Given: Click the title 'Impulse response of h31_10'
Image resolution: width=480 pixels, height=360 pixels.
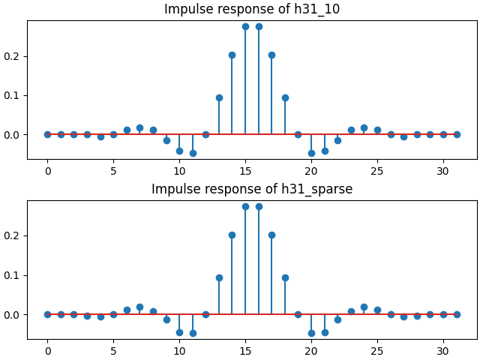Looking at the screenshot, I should click(252, 9).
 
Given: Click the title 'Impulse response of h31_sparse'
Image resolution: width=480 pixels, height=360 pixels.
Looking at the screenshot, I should click(252, 189).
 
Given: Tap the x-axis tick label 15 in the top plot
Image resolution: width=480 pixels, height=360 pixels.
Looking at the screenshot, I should click(245, 172).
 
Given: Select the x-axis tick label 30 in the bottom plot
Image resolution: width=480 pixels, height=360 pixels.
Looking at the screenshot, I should click(443, 352).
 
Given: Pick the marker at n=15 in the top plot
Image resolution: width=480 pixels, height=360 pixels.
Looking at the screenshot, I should click(245, 26).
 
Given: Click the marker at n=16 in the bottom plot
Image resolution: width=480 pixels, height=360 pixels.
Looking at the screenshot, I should click(259, 206).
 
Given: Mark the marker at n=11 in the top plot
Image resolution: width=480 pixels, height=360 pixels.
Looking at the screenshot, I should click(193, 153).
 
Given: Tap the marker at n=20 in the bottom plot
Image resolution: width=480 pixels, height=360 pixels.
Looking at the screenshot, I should click(311, 333).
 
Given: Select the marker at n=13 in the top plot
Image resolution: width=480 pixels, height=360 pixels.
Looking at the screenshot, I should click(219, 97).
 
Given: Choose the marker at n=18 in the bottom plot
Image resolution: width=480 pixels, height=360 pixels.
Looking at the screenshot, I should click(285, 277).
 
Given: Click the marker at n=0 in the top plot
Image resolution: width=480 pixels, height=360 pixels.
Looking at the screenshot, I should click(47, 134).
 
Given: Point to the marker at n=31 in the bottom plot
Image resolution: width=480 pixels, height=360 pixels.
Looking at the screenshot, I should click(457, 314).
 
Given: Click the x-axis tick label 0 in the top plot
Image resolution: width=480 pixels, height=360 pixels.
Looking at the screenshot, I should click(47, 172).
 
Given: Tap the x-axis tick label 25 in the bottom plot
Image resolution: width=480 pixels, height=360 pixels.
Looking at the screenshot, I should click(377, 352).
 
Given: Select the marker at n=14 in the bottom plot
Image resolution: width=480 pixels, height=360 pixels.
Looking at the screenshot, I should click(232, 235).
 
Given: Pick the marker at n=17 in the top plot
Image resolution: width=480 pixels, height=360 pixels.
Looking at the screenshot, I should click(271, 55).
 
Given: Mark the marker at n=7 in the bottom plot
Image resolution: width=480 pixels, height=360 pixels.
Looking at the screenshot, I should click(139, 307).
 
